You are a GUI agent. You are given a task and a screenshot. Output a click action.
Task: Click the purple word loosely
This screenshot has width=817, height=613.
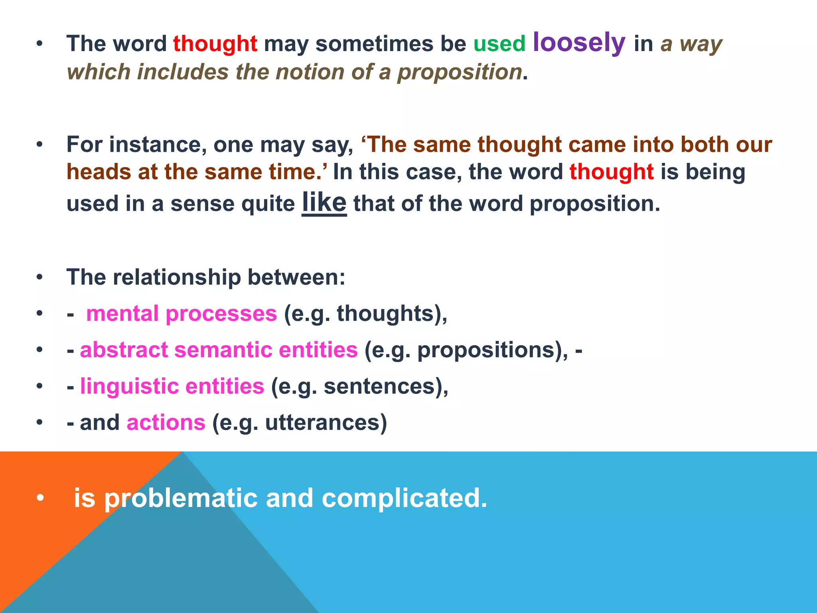point(579,42)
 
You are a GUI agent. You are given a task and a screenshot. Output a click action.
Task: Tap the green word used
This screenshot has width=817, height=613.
point(499,44)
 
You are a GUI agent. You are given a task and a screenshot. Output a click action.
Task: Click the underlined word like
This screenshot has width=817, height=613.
point(324,202)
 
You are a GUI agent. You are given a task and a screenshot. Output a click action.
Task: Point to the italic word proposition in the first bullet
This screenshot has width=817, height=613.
point(460,72)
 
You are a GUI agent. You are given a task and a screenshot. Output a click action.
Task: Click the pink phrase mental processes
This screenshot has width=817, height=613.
point(181,314)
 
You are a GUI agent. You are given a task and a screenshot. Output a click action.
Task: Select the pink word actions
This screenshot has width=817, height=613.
point(166,423)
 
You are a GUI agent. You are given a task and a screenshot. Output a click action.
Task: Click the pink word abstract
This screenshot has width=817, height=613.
point(124,350)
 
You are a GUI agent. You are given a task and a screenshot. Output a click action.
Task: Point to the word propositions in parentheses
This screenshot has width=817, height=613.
point(486,350)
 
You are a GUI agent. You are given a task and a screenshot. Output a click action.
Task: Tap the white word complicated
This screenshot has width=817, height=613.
point(404,498)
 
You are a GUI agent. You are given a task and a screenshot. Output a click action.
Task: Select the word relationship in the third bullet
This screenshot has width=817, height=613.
point(180,277)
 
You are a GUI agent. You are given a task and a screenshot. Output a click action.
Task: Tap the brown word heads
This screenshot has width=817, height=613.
point(99,172)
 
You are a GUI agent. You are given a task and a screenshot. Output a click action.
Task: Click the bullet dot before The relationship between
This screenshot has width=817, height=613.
point(39,277)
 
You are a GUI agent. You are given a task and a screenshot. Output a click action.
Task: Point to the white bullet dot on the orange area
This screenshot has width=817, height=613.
point(39,498)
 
